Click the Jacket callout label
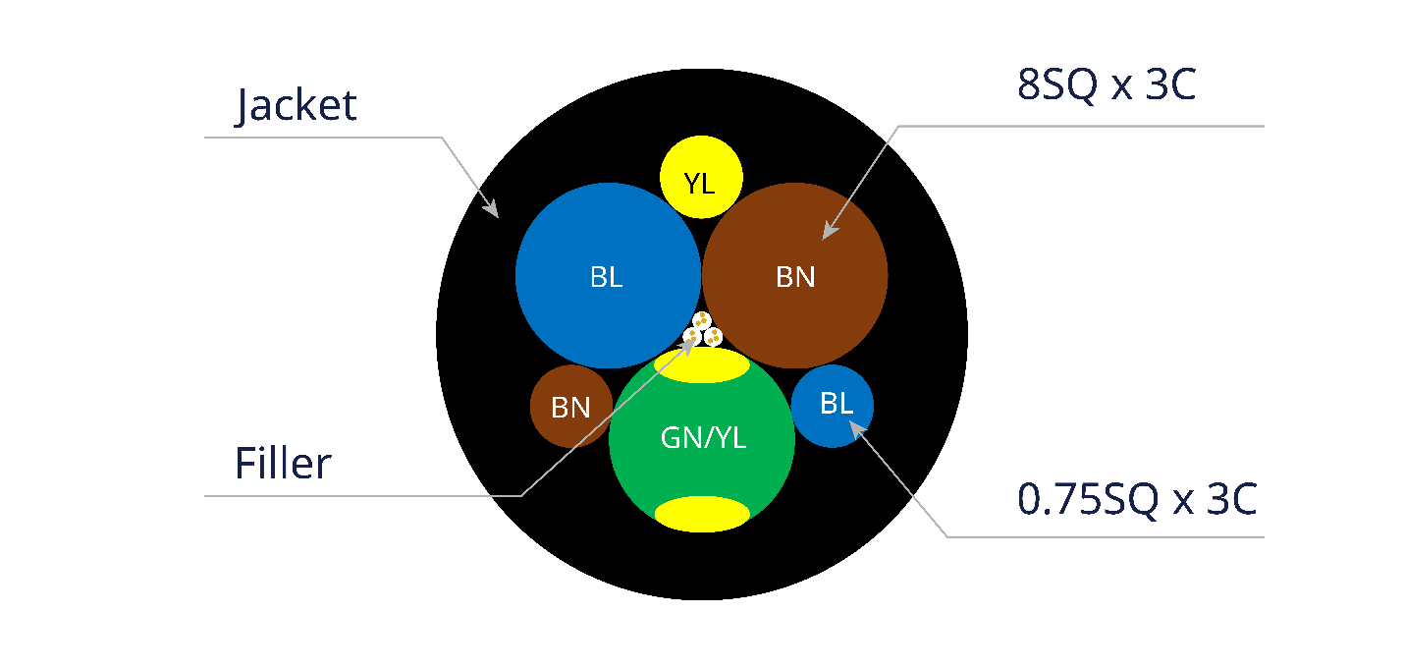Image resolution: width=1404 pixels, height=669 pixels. (x=296, y=105)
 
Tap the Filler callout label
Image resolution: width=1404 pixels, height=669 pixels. (x=284, y=464)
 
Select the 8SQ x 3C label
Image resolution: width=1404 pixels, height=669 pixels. (x=1107, y=84)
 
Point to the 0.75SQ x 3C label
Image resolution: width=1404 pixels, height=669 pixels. (x=1137, y=499)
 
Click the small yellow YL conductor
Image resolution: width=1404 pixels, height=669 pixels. (x=701, y=177)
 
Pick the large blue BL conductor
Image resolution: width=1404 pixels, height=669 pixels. (x=608, y=275)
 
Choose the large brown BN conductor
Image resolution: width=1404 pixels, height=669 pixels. (x=794, y=275)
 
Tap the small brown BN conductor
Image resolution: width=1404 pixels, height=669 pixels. (x=571, y=407)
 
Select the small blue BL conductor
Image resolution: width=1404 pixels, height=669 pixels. (x=833, y=406)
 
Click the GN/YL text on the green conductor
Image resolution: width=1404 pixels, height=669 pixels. (x=703, y=437)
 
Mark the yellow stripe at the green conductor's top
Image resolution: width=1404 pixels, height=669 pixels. (x=701, y=364)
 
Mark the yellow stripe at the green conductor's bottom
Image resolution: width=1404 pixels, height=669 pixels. (x=702, y=514)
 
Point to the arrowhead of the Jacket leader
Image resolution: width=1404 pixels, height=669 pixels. (x=491, y=208)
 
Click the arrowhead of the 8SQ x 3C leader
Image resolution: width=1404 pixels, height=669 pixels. (x=830, y=230)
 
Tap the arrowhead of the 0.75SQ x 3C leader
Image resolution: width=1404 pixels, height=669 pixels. (x=857, y=429)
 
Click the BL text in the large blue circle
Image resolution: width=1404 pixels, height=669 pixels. (x=606, y=277)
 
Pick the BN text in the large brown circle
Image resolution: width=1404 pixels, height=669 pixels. (x=795, y=277)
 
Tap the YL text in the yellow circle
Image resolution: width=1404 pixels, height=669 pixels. (x=699, y=184)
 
